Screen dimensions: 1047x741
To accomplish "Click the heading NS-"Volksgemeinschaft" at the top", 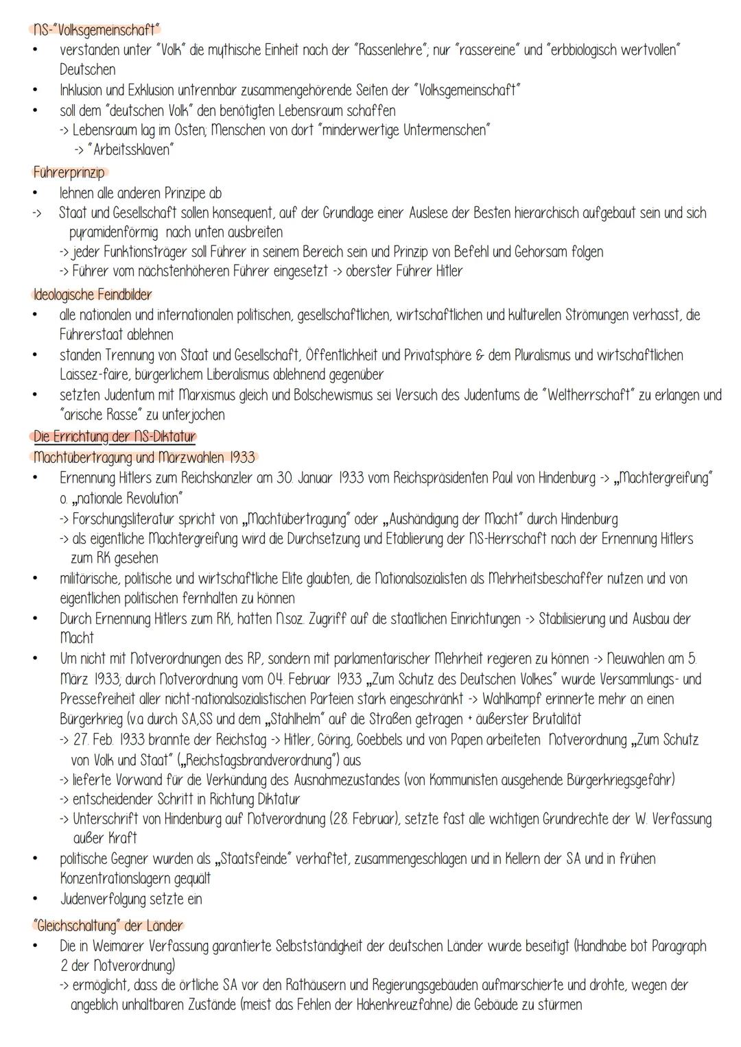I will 95,30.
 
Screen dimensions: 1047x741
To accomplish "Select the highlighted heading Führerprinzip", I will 69,172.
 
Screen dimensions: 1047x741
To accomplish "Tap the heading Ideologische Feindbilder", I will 92,295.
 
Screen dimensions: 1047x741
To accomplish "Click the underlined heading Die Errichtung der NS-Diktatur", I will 114,437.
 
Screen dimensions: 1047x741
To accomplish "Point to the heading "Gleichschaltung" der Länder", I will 108,926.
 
